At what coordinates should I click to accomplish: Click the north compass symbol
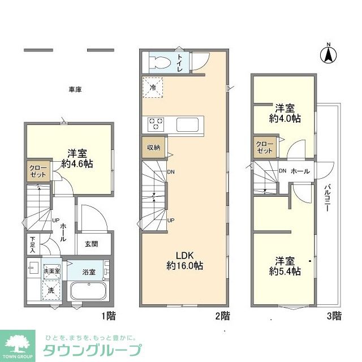pyautogui.click(x=327, y=54)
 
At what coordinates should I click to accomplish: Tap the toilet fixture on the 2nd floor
pyautogui.click(x=161, y=61)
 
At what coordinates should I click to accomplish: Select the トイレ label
pyautogui.click(x=180, y=61)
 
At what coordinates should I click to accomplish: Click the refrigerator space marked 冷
pyautogui.click(x=153, y=88)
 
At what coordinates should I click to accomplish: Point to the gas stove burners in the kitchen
pyautogui.click(x=156, y=122)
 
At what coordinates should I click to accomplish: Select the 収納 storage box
pyautogui.click(x=154, y=147)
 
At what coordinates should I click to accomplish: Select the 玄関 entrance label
pyautogui.click(x=91, y=244)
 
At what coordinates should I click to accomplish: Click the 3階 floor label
pyautogui.click(x=334, y=314)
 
